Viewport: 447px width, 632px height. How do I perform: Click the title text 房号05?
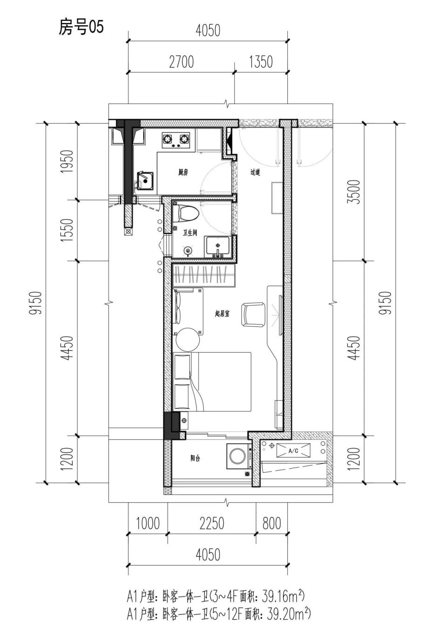[81, 27]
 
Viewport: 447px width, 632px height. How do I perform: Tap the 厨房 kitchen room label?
[183, 172]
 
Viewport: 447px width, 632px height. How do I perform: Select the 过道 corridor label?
[255, 172]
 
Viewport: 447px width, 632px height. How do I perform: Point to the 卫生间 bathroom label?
[190, 233]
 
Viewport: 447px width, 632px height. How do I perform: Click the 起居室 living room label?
[222, 314]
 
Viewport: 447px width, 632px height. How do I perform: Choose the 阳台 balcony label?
[195, 458]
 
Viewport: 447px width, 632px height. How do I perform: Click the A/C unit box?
[293, 451]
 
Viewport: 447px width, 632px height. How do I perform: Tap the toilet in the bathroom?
[185, 213]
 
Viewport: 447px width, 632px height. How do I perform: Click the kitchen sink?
[145, 181]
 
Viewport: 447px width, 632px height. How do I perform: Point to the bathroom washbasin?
[218, 247]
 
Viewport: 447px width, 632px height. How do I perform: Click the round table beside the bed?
[188, 339]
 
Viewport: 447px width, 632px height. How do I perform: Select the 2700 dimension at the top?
[182, 62]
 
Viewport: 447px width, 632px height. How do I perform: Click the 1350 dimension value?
[261, 62]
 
